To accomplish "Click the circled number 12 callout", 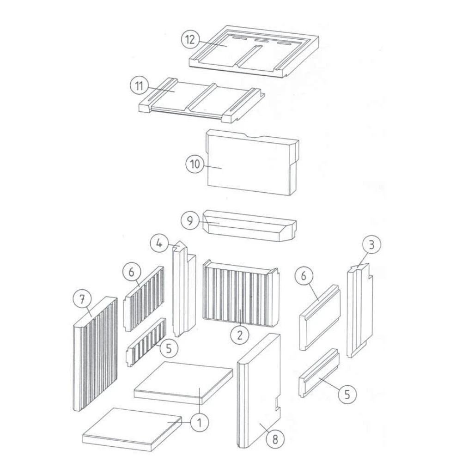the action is (x=190, y=39).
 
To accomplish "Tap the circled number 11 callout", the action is (x=139, y=86).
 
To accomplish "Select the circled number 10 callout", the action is (x=195, y=164).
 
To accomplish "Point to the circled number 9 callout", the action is (x=190, y=221).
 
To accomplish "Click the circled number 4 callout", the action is (x=159, y=244).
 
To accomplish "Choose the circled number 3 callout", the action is (x=371, y=244).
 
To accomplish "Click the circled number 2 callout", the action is (x=239, y=335).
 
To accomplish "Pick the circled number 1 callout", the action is (x=200, y=423).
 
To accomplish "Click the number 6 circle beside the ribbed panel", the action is (x=131, y=272).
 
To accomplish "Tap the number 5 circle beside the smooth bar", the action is (x=347, y=394).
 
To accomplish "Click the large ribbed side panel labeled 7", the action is (x=95, y=354).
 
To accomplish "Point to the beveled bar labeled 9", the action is (x=250, y=226).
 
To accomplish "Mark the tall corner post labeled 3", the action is (x=360, y=310).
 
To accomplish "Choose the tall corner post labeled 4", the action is (x=183, y=290).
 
